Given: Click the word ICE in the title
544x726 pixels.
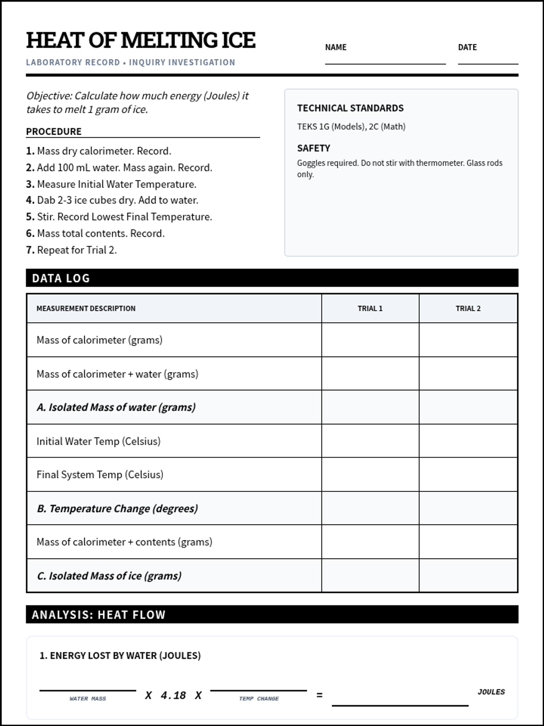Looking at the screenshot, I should pos(238,40).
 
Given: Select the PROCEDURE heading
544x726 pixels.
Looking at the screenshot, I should pos(53,132).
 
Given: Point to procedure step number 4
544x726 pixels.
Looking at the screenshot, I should pos(30,200).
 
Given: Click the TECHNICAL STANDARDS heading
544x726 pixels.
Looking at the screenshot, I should pos(350,108).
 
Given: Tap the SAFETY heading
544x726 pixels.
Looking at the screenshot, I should pos(313,148).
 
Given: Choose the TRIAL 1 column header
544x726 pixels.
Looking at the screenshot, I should pos(370,309).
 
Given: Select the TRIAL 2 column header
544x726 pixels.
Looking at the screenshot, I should pos(468,309).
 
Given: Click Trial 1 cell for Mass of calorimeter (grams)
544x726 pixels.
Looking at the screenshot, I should pos(370,340).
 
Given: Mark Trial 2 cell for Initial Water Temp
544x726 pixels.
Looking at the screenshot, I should pos(468,441).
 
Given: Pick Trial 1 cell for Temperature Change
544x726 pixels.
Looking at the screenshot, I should pos(370,508).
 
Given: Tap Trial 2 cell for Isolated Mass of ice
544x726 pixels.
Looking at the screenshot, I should pos(468,575).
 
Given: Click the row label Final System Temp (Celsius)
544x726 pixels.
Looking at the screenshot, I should pos(100,475).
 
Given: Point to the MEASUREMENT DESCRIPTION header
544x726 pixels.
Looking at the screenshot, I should pos(86,309).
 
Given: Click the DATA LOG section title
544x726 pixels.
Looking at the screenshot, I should pos(61,278).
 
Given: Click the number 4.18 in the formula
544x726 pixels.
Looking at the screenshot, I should pos(173,696).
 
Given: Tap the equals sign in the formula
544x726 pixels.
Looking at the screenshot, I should pos(319,695).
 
